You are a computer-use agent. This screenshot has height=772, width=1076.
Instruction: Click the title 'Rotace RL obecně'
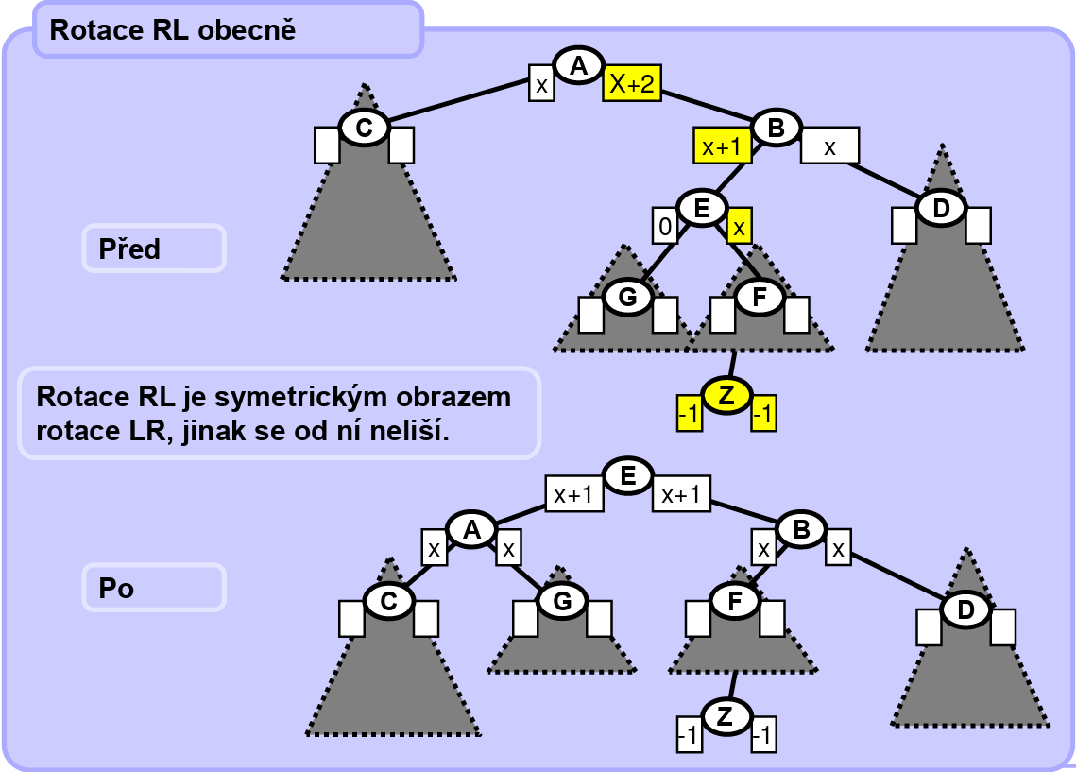pos(173,30)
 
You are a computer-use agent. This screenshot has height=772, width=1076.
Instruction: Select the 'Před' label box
pos(154,249)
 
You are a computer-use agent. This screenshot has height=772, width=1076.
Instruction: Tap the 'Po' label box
pos(154,588)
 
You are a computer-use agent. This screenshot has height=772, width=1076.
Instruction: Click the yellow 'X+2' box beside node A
pos(632,84)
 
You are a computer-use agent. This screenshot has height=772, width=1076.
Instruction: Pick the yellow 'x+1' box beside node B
pos(722,146)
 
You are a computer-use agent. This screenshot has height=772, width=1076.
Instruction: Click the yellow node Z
pos(726,398)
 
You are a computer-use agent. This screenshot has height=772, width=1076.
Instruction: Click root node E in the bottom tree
pos(627,475)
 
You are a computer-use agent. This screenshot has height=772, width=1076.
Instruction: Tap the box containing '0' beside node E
pos(664,226)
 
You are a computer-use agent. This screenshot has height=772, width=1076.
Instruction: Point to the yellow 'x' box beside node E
pos(740,226)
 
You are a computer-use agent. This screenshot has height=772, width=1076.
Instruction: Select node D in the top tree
pos(941,208)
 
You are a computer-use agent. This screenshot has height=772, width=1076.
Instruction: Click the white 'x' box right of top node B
pos(829,146)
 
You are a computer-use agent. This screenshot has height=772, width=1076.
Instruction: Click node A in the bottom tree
pos(470,530)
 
